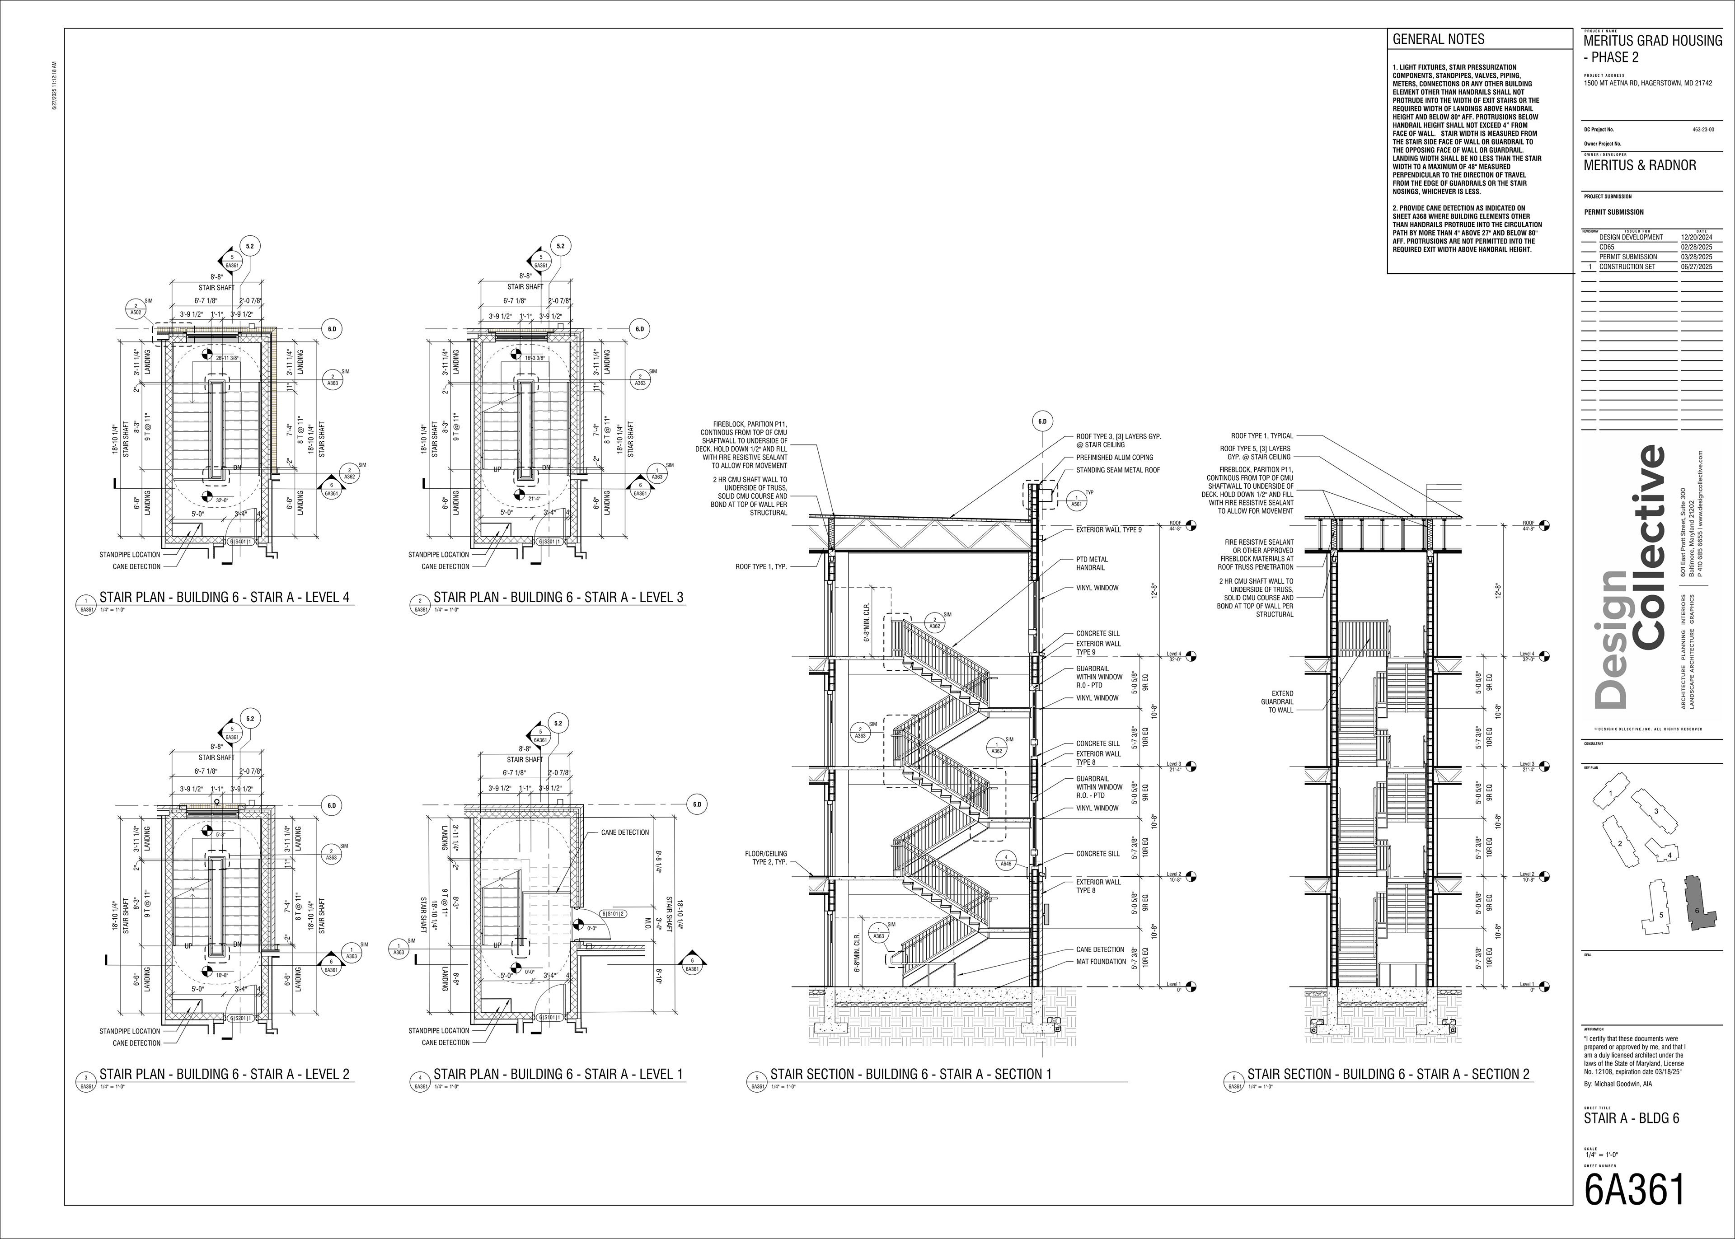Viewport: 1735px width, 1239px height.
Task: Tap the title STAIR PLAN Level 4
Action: (x=224, y=598)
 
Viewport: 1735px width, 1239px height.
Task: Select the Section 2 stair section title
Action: (x=1388, y=1074)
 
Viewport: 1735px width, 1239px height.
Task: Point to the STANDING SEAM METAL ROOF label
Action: (x=1118, y=470)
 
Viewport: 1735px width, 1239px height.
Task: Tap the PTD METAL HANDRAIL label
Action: (x=1092, y=564)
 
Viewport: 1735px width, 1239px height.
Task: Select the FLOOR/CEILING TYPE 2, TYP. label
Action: (x=765, y=858)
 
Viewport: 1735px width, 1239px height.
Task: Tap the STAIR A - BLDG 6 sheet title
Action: (x=1631, y=1118)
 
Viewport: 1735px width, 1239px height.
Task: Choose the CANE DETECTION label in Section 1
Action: (x=1100, y=950)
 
